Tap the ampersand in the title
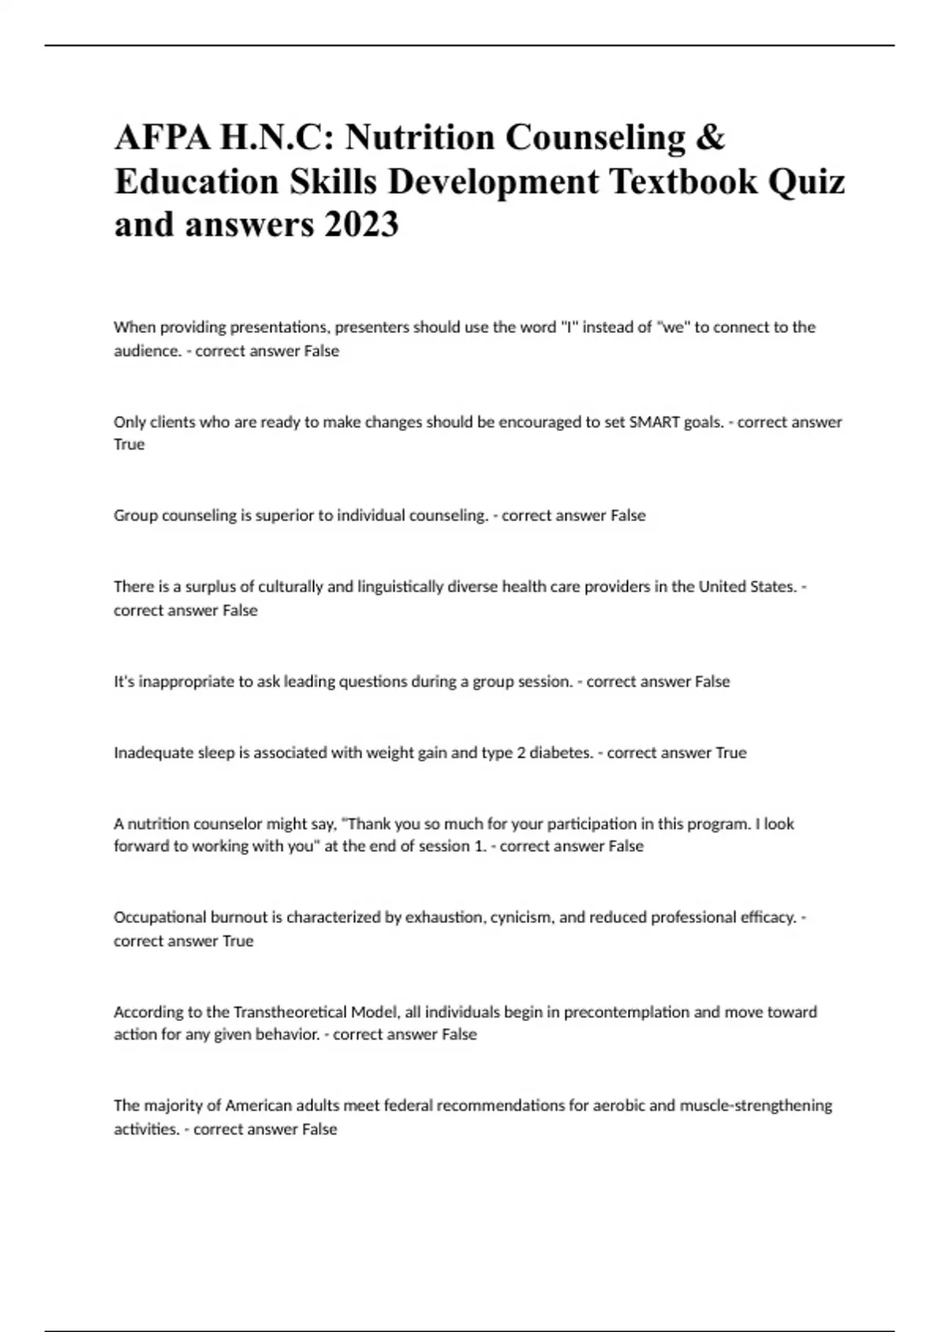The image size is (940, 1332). [710, 138]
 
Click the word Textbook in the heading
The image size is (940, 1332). [683, 181]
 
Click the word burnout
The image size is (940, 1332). [239, 918]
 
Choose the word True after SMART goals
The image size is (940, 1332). [129, 444]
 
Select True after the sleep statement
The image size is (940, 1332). [731, 753]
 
